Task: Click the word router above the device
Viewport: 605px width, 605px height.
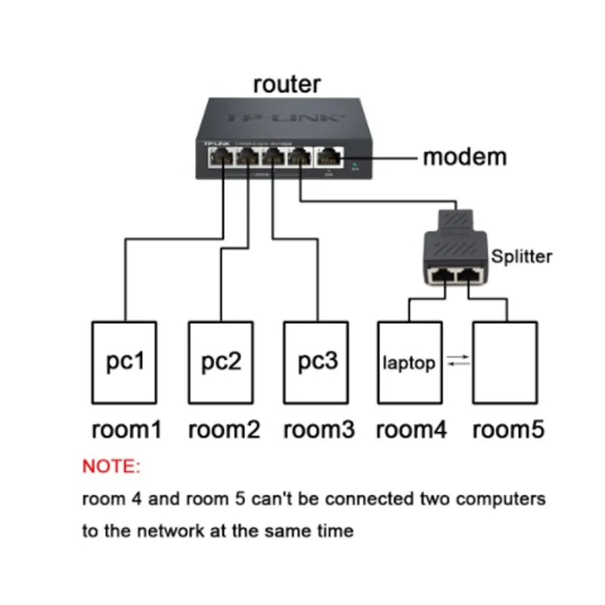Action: pos(287,84)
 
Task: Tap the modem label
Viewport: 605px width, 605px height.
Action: pos(464,157)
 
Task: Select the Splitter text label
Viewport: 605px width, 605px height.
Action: pos(521,256)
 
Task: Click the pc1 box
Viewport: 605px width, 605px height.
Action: pos(124,363)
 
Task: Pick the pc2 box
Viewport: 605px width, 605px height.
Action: pos(220,363)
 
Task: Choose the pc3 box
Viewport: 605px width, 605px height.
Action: pos(316,363)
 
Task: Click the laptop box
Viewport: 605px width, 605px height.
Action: pos(408,363)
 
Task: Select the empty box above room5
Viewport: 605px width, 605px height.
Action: pos(505,363)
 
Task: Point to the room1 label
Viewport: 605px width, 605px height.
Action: pos(126,430)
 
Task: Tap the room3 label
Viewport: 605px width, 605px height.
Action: pos(318,430)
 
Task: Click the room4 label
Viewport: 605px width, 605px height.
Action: pos(411,430)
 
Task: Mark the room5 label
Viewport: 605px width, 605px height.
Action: pos(507,430)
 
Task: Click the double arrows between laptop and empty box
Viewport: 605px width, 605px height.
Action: pos(458,362)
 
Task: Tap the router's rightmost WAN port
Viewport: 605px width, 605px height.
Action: pos(330,158)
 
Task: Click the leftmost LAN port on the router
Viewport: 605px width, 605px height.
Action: pos(223,158)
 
